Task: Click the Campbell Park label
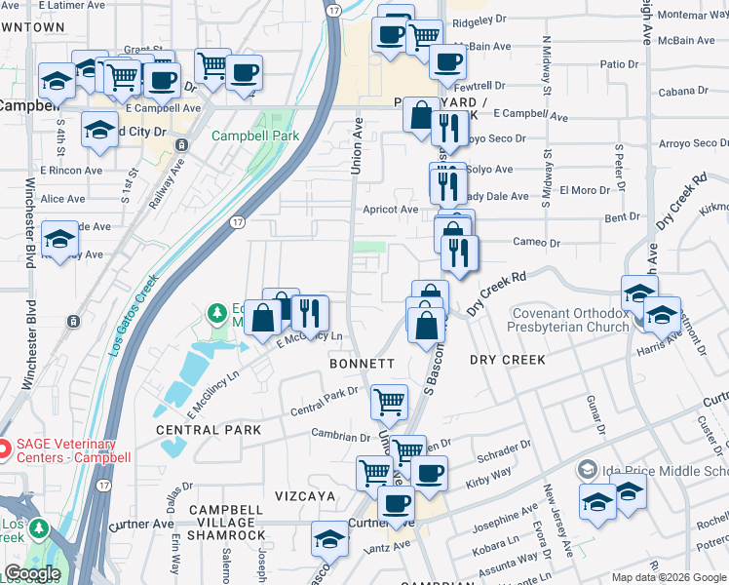(x=255, y=136)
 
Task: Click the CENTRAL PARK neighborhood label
(x=208, y=429)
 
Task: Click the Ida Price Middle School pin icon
(x=587, y=470)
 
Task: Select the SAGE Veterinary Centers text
(x=72, y=449)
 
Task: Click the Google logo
(x=32, y=573)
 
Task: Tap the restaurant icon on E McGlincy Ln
(x=310, y=312)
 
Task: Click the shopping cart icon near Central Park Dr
(x=389, y=400)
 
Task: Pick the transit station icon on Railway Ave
(x=180, y=145)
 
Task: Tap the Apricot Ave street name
(x=392, y=209)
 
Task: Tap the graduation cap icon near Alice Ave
(x=60, y=237)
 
